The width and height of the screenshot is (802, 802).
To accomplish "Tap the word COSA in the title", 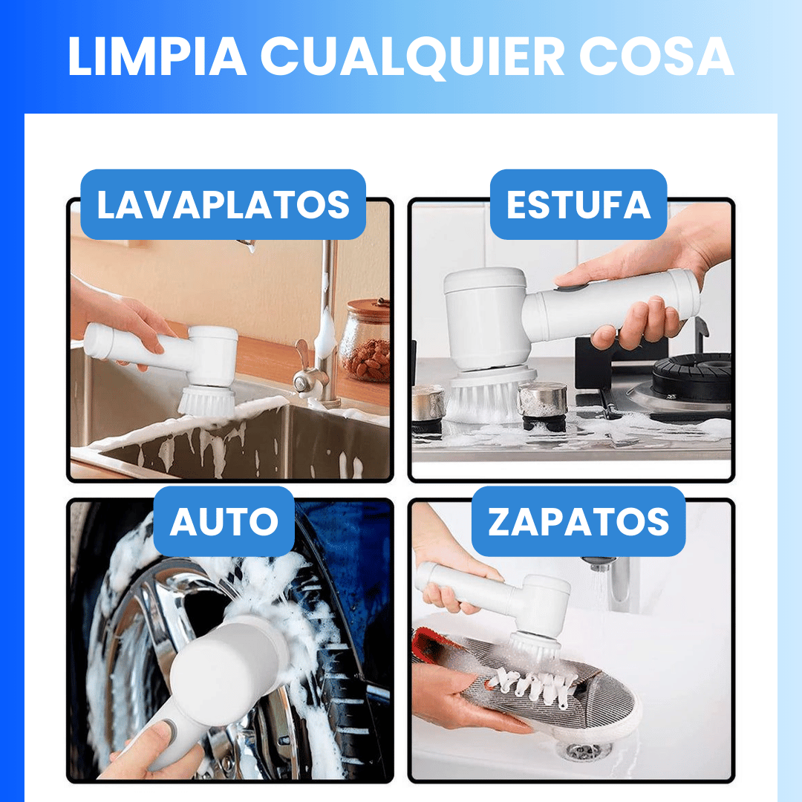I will coord(656,56).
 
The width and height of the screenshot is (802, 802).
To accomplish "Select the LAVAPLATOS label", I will coord(223,205).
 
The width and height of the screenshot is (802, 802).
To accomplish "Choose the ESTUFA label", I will coord(578,205).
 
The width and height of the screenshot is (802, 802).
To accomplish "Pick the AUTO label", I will coord(224,522).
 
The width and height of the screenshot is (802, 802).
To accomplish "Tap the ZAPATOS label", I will coord(578,522).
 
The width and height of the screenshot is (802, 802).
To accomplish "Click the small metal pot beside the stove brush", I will coord(542,401).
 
